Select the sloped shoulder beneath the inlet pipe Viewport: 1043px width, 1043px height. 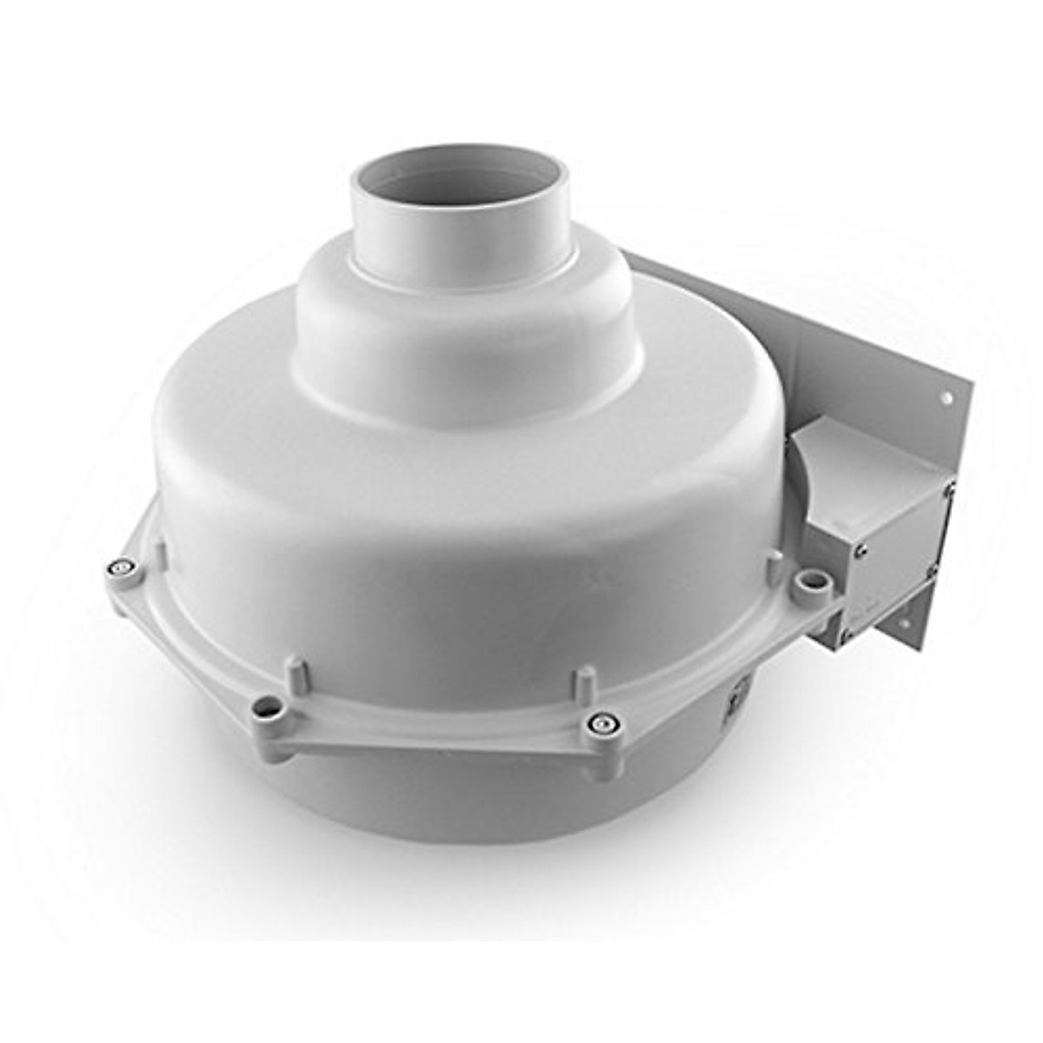(x=469, y=348)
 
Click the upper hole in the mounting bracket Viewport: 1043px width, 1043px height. (x=945, y=398)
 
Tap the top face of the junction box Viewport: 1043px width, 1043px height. (x=860, y=452)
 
